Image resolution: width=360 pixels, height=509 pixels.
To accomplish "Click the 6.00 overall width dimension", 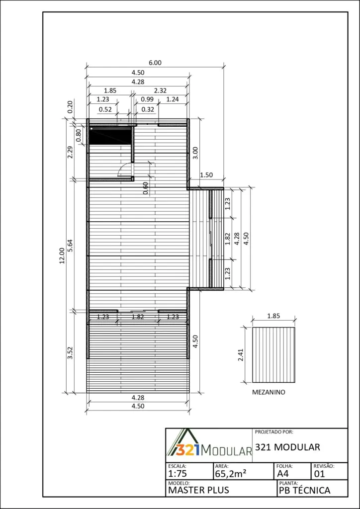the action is [x=155, y=63].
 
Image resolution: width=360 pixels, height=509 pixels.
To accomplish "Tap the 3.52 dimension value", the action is [x=70, y=353].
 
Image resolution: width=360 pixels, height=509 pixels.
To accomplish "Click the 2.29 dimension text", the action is [x=70, y=152].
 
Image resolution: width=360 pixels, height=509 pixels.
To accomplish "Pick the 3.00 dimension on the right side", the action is [x=196, y=153].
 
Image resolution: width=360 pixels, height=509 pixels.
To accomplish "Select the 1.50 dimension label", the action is [x=206, y=175].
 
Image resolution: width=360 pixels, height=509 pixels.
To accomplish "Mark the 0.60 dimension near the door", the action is [x=145, y=188].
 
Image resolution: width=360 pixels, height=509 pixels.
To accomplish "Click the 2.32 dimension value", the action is [x=161, y=90].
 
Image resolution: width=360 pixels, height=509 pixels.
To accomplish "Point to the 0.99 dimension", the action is [x=147, y=99].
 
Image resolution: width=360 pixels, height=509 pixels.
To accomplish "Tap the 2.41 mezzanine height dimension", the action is [x=241, y=354].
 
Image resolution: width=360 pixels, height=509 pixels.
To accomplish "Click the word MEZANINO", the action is [x=269, y=392].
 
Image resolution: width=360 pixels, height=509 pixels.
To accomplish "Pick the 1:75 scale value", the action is [x=177, y=473].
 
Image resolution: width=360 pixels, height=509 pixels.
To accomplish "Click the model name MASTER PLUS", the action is [x=198, y=490].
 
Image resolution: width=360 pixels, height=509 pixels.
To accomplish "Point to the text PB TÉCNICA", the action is [x=304, y=490].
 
